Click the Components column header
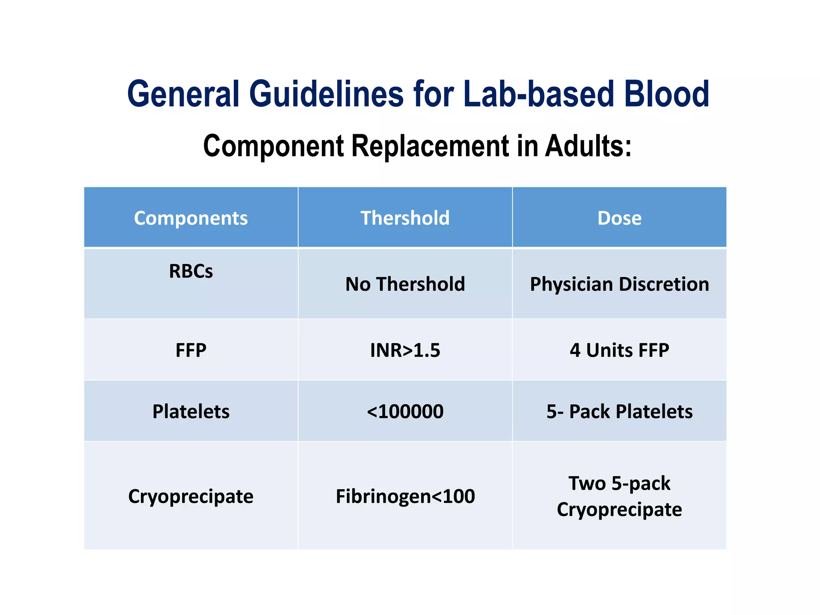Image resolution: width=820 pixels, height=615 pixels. [191, 218]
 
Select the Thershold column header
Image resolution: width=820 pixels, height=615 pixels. [405, 218]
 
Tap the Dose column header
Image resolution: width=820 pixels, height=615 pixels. [619, 218]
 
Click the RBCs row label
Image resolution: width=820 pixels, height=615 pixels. [191, 271]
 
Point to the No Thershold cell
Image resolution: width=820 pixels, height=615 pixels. [405, 284]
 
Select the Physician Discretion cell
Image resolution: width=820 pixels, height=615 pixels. [619, 284]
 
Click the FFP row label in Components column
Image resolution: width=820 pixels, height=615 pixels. [191, 350]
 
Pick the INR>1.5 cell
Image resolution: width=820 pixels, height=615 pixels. [405, 350]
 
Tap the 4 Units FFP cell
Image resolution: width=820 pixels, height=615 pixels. [619, 350]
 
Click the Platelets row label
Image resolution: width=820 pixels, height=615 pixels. [191, 412]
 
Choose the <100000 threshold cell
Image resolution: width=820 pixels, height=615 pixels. [405, 412]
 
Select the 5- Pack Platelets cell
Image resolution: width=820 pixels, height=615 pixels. [619, 412]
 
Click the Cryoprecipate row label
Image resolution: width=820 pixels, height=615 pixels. [191, 496]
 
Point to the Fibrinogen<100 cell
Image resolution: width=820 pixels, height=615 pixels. [405, 496]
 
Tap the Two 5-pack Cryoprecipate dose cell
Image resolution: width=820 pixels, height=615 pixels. [619, 496]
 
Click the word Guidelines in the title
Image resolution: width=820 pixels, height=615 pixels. [326, 94]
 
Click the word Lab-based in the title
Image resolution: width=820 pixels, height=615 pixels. [539, 94]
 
